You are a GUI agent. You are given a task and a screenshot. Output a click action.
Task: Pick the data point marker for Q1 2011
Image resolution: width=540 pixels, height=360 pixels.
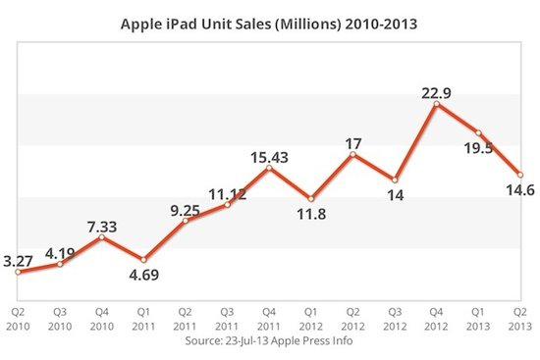pos(144,260)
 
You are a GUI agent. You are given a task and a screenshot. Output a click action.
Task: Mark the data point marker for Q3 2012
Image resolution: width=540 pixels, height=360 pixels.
pos(395,180)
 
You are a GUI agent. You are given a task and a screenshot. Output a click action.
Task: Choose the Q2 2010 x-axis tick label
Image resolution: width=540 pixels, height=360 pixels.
pos(19,321)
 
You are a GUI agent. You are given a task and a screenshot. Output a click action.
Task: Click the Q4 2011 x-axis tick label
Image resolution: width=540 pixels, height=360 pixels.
pos(269,321)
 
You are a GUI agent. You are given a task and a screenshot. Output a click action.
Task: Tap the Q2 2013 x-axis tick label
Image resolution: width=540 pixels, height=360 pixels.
pos(520,321)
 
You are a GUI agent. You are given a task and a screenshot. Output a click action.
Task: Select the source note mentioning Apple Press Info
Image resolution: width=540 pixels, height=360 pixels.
pos(270,341)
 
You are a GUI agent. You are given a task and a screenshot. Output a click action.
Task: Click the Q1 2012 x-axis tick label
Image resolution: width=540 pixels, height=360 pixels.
pos(311,321)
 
